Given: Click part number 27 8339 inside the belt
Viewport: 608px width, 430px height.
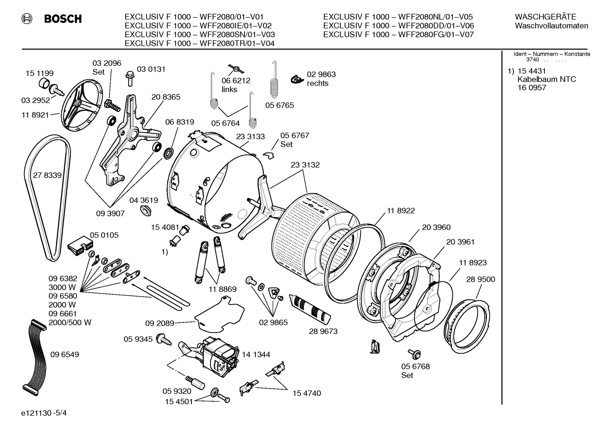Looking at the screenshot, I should (x=47, y=176).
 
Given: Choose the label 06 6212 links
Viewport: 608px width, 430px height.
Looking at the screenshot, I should (x=236, y=85).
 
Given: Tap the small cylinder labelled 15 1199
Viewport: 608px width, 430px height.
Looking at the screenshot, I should (x=43, y=83).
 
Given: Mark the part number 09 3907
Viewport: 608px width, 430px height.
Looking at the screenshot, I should (x=110, y=214).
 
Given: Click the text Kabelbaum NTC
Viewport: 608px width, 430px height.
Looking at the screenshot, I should (x=546, y=79).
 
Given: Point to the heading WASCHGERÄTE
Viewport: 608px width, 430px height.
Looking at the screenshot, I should (x=545, y=17).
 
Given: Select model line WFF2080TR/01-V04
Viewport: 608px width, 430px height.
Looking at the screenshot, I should (x=200, y=43).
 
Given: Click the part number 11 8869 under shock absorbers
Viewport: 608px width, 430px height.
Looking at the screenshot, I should (x=222, y=289).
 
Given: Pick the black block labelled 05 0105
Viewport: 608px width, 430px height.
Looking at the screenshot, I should (x=81, y=246).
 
